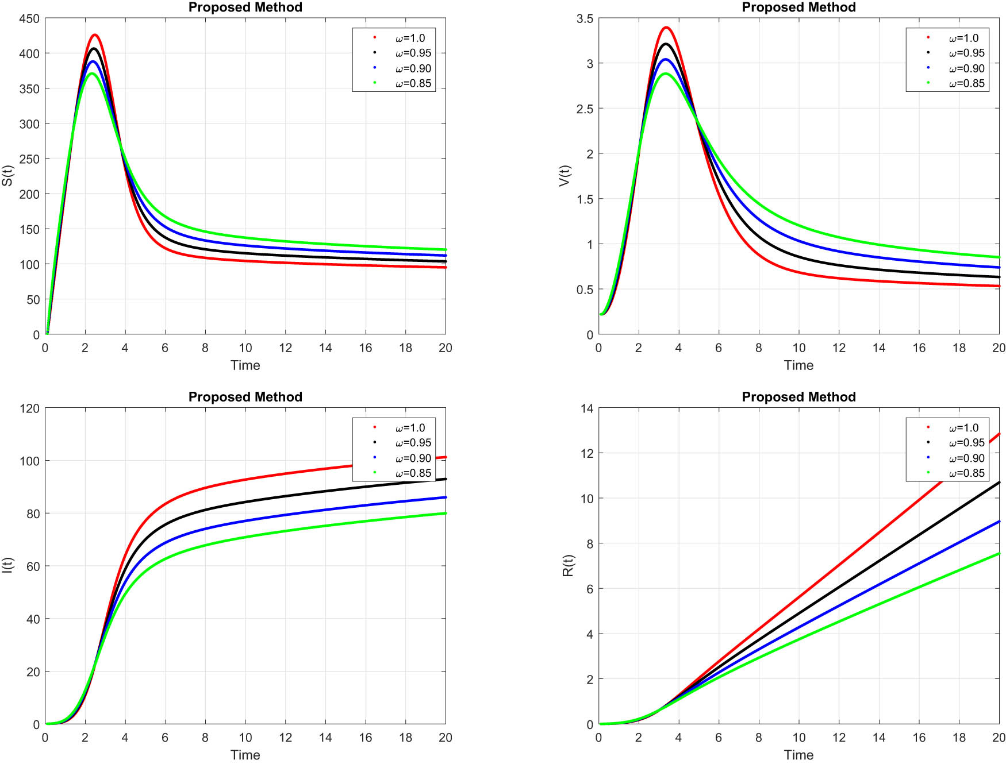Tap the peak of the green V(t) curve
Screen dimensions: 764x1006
[x=665, y=74]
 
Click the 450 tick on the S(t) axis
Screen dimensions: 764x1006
[x=29, y=18]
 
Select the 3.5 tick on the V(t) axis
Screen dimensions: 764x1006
[x=585, y=18]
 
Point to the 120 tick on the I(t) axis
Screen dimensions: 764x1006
[x=29, y=408]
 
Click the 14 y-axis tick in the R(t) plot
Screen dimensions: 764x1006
[x=587, y=408]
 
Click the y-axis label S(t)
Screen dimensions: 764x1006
[x=7, y=176]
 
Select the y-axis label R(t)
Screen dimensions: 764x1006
[x=568, y=566]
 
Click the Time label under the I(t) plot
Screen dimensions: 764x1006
[x=245, y=755]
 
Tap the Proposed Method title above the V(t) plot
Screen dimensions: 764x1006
[x=798, y=7]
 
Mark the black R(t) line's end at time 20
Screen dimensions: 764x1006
[x=999, y=483]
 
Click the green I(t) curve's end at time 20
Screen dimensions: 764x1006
[x=445, y=513]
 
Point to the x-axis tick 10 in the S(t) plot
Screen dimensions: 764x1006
[x=245, y=348]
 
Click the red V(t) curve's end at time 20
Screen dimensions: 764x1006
[x=999, y=286]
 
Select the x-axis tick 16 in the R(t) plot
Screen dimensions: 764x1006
[x=919, y=738]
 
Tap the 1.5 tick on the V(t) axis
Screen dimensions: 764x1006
[x=585, y=199]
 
